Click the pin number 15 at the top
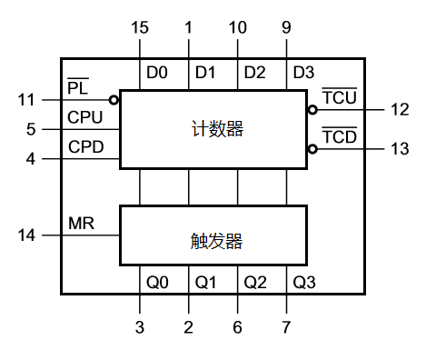pos(139,28)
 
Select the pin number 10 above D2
pos(237,28)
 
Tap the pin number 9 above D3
pos(286,28)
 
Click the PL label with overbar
pos(77,87)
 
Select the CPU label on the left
pos(84,117)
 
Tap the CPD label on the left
pos(84,147)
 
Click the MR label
pos(81,223)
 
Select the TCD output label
pos(339,137)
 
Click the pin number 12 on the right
pos(401,110)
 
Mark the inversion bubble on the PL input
pos(115,100)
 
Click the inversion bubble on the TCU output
pos(312,110)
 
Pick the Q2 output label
pos(255,282)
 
